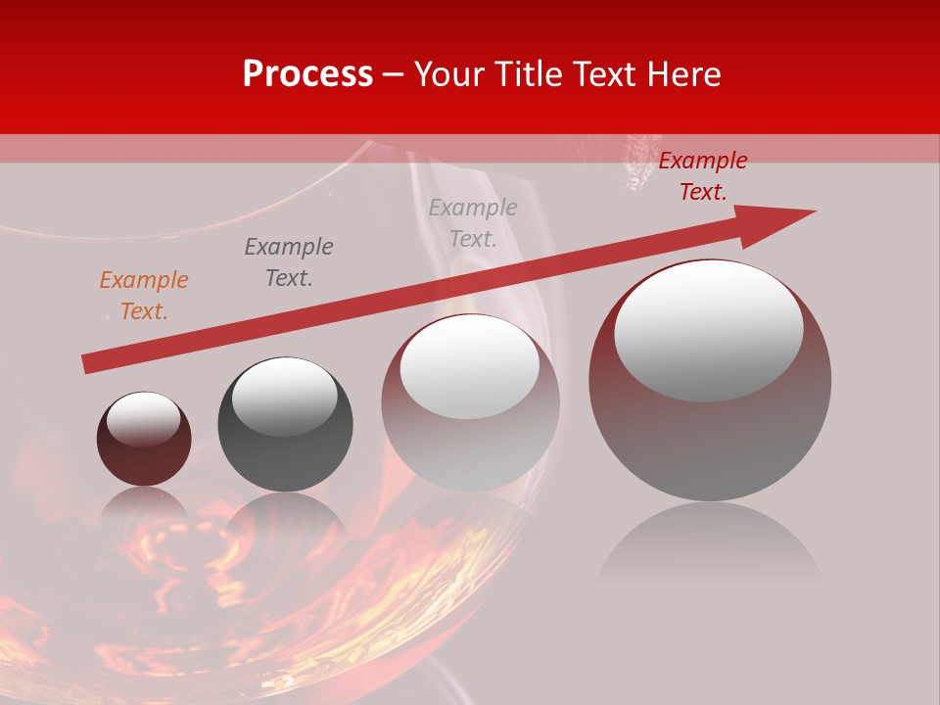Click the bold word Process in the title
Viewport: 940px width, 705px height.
tap(307, 74)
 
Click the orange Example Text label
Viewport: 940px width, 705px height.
tap(143, 296)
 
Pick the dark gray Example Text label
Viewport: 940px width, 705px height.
tap(288, 262)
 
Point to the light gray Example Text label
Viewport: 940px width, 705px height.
tap(473, 222)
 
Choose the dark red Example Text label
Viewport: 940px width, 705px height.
tap(702, 176)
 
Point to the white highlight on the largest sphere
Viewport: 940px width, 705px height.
tap(709, 331)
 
